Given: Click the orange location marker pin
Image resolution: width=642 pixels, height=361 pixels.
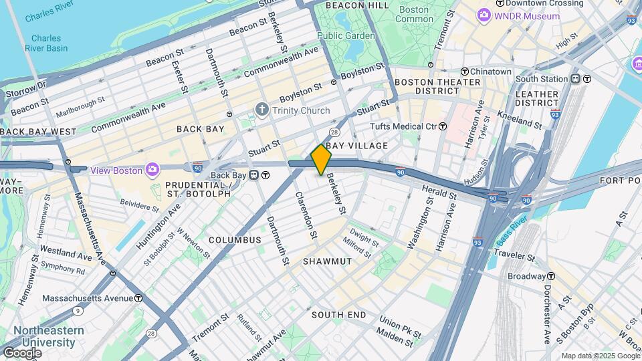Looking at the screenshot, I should pyautogui.click(x=321, y=159).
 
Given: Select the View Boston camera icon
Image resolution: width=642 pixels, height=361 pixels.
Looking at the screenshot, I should pyautogui.click(x=153, y=170).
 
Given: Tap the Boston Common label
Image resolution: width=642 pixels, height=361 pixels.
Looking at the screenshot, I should pyautogui.click(x=414, y=14).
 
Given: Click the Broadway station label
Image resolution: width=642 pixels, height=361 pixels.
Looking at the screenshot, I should pyautogui.click(x=526, y=276).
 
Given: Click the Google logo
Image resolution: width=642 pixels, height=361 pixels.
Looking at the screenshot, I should pyautogui.click(x=22, y=352).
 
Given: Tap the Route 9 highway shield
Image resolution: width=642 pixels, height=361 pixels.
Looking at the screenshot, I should pyautogui.click(x=80, y=310).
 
